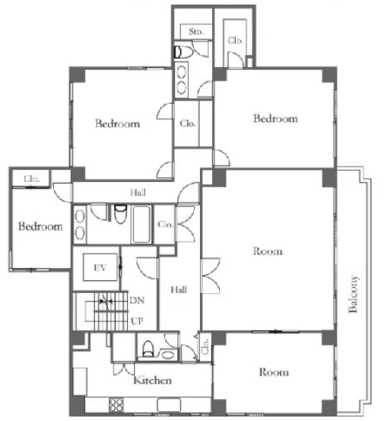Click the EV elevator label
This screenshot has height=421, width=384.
[100, 267]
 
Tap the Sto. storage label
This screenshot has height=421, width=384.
[196, 32]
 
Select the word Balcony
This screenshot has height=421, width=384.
[353, 294]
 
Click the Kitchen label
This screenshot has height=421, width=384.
[152, 380]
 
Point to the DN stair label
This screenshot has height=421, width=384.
[137, 300]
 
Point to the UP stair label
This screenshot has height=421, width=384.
[137, 321]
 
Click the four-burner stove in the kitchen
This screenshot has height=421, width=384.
[116, 405]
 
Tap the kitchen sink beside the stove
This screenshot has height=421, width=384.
[169, 405]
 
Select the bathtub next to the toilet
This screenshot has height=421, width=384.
[141, 225]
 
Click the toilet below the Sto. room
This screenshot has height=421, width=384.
[183, 53]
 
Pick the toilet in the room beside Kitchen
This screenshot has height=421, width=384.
[148, 349]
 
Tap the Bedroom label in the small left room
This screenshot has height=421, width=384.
[40, 226]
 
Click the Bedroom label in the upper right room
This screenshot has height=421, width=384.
[275, 118]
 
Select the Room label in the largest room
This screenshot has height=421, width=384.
[268, 251]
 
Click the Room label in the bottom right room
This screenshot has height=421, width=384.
[274, 372]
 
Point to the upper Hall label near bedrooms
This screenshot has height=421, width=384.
[138, 193]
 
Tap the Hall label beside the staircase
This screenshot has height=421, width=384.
[179, 289]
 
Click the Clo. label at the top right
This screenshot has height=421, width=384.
[236, 40]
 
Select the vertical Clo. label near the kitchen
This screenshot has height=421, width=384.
[205, 346]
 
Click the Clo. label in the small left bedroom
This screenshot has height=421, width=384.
[32, 179]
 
